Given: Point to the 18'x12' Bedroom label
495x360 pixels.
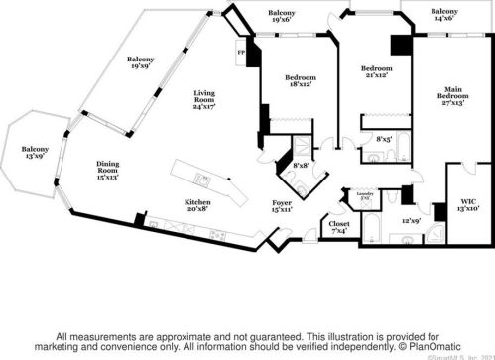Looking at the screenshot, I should pos(302,82).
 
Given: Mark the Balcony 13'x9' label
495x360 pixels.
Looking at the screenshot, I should pos(33,155).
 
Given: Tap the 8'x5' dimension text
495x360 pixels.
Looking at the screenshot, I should pos(382,141).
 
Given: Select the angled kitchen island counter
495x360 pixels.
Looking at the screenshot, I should pos(205,181).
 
